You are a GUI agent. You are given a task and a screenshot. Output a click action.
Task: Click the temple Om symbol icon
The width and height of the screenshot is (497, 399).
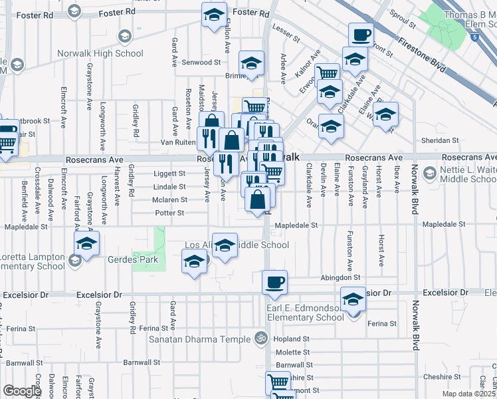tap(261, 339)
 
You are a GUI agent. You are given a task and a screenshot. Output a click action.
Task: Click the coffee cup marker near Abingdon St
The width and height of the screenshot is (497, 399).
tap(274, 283)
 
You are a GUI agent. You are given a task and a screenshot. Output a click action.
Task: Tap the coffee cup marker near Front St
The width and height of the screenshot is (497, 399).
tap(361, 34)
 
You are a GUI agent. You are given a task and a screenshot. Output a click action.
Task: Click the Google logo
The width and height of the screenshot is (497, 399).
tap(23, 390)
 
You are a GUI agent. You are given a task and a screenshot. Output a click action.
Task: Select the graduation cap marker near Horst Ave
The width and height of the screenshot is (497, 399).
tap(385, 114)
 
